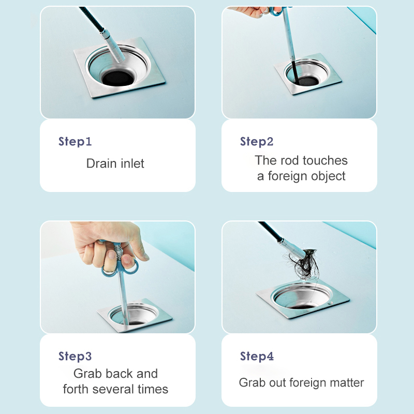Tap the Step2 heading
point(257,142)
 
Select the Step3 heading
point(75,356)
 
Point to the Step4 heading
point(257,356)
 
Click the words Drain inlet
point(115,164)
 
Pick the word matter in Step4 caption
point(346,383)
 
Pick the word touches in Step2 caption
point(326,160)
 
